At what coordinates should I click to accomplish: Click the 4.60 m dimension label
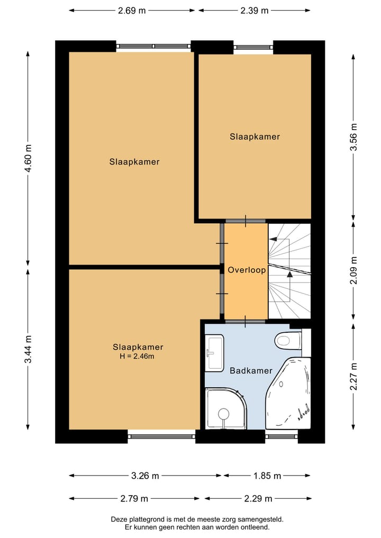click(28, 160)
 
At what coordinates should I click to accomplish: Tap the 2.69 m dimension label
click(132, 10)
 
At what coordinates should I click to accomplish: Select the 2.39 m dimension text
click(255, 10)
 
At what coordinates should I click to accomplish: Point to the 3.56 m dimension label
click(353, 137)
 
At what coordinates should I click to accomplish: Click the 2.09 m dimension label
click(353, 270)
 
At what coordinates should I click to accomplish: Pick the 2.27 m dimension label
click(353, 377)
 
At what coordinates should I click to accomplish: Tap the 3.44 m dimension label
click(28, 349)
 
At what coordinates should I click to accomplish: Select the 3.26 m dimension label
click(145, 476)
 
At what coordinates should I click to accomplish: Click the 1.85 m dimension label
click(267, 476)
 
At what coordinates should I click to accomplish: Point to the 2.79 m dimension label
click(134, 498)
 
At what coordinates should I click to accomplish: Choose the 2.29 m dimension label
click(258, 498)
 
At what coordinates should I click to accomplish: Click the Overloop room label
click(247, 270)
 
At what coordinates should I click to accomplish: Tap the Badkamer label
click(251, 370)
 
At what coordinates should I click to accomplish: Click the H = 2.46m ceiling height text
click(137, 356)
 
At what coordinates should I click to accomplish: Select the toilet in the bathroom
click(288, 340)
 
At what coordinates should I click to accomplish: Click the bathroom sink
click(214, 353)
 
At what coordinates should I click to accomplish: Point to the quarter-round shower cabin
click(226, 408)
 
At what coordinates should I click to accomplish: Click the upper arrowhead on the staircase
click(273, 240)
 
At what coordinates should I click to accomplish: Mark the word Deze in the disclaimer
click(118, 519)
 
